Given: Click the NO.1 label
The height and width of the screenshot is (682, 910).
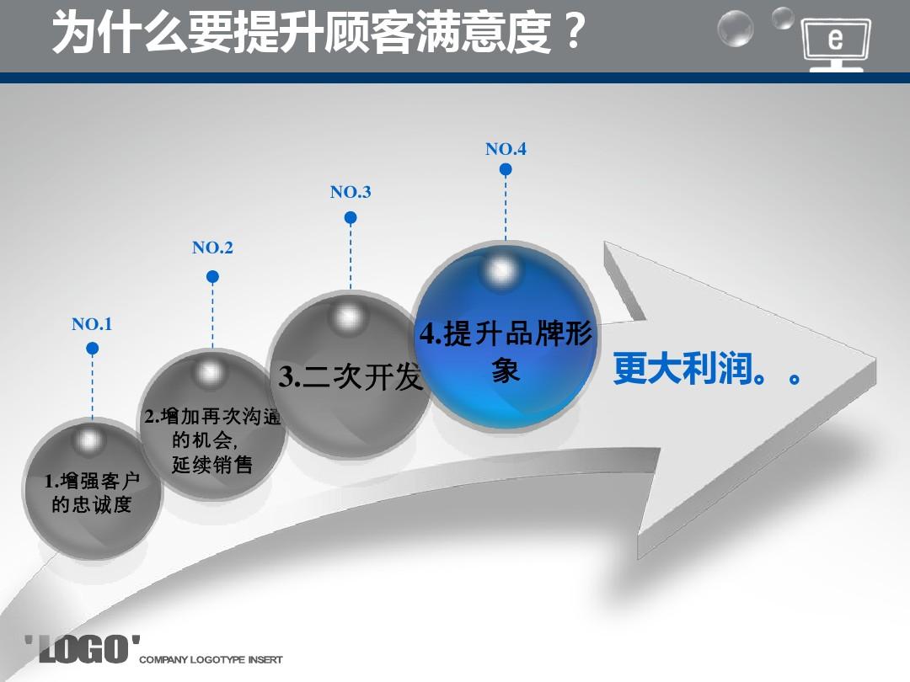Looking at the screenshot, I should [92, 324].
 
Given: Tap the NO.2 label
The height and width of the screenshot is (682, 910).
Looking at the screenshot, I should [212, 248].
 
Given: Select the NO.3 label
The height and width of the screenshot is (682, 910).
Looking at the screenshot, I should [351, 192].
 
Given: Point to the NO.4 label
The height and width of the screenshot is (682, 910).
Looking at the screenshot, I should [506, 149].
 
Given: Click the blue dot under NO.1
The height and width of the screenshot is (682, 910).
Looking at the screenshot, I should [93, 348].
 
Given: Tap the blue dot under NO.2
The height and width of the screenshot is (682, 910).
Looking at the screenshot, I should [212, 276].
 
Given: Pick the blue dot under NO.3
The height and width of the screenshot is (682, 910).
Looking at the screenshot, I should [351, 217].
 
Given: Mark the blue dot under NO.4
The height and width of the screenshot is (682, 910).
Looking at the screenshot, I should [506, 169].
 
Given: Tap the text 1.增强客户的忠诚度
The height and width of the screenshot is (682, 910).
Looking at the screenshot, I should [92, 493].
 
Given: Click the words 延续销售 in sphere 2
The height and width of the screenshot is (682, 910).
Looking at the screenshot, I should [212, 464].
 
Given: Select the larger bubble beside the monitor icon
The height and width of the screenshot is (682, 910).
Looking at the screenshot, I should [735, 29].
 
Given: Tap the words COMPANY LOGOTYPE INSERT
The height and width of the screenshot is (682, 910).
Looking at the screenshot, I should [211, 659].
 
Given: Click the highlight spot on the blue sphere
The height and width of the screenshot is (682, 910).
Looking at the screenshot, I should [502, 270].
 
